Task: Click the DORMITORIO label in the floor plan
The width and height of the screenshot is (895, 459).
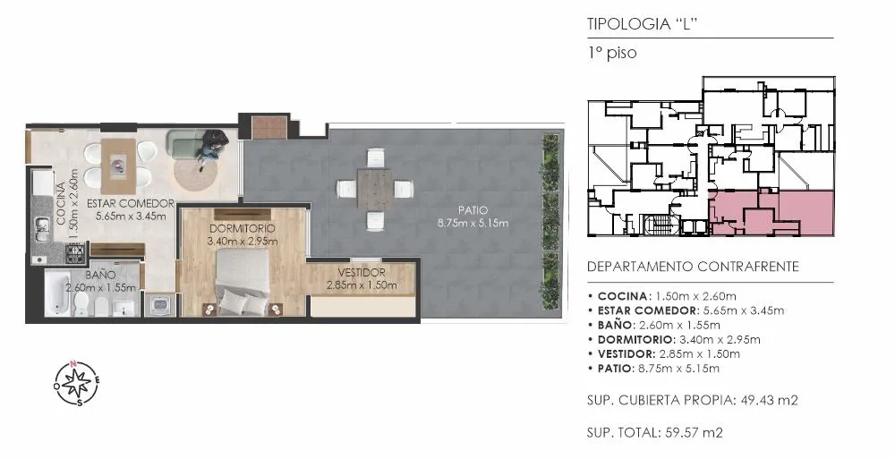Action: click(242, 228)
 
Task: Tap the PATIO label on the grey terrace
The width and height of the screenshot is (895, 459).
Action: click(473, 210)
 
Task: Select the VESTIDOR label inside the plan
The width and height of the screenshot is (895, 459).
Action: click(362, 273)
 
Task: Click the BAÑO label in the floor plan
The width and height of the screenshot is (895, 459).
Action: click(100, 276)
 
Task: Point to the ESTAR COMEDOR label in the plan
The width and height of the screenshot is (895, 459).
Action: click(130, 204)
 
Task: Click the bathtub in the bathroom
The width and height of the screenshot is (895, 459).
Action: click(57, 293)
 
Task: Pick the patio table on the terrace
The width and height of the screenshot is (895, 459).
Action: click(374, 188)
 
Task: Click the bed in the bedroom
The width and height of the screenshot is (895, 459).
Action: click(243, 283)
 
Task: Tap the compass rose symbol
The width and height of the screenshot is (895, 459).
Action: click(77, 383)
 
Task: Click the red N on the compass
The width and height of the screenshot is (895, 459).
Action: click(73, 363)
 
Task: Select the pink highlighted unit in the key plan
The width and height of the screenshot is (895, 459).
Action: click(771, 214)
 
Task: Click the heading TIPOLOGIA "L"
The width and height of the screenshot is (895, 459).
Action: click(643, 24)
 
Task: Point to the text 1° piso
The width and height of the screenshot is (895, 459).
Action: click(612, 53)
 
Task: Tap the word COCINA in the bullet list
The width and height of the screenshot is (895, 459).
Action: click(622, 296)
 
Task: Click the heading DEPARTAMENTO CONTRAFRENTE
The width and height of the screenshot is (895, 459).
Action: click(693, 267)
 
